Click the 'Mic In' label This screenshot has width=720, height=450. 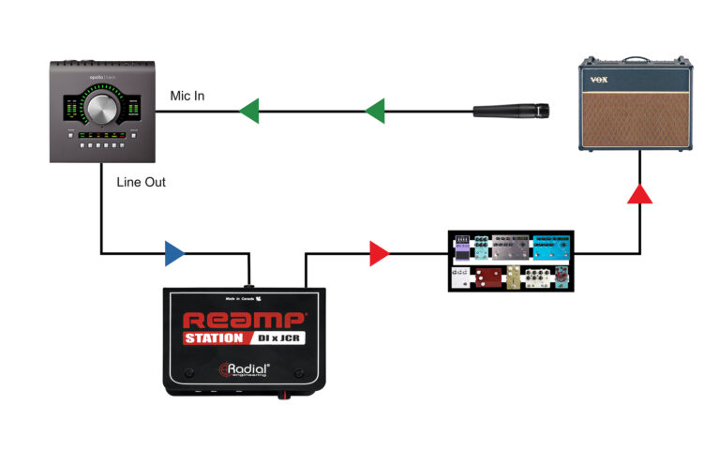coord(187,96)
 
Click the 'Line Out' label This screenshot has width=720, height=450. coord(142,182)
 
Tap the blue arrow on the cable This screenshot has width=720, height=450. coord(173,252)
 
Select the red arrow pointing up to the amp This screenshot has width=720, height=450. coord(639,193)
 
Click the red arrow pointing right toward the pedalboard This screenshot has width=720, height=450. coord(379,252)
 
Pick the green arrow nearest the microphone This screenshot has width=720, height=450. coord(373,112)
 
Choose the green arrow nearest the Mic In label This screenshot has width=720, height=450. coord(248,112)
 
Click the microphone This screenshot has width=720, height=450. coord(510,112)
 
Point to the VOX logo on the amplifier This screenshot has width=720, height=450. coord(600,81)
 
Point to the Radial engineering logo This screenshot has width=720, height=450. coord(244,368)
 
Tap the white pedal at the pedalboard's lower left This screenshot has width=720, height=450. coord(460,277)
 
